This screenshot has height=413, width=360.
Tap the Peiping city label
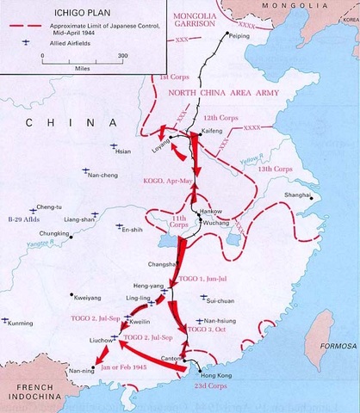point(242,34)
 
